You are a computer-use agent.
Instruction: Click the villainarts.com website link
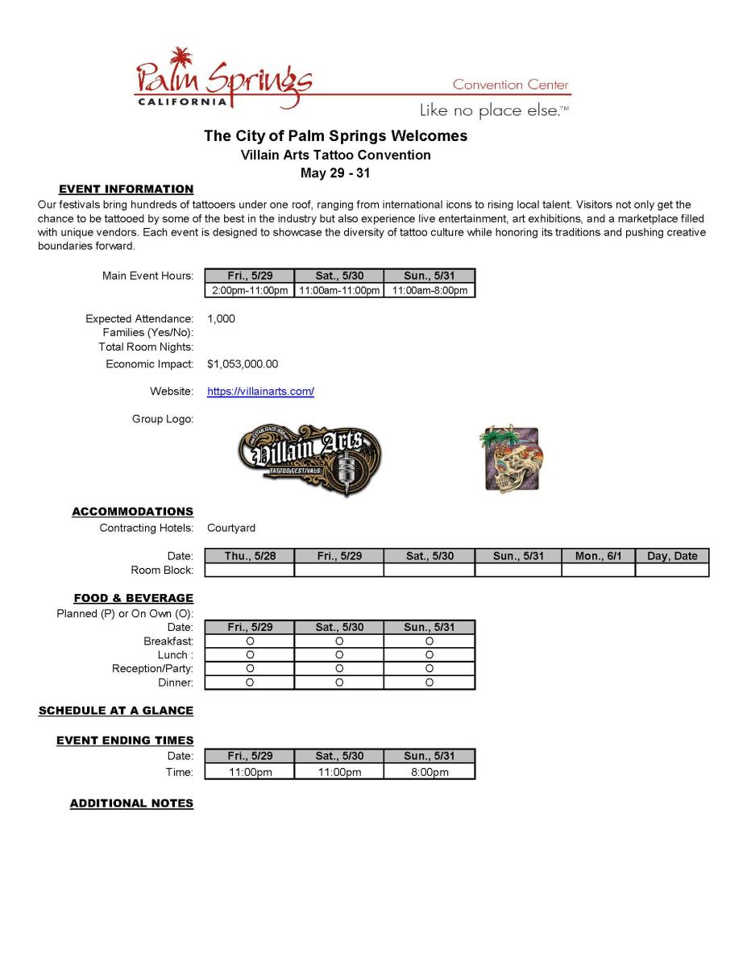click(x=260, y=392)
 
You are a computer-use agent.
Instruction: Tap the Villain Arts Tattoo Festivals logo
click(x=309, y=459)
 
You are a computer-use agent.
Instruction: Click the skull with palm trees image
click(x=512, y=459)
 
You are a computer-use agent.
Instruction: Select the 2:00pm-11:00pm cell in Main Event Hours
click(x=250, y=290)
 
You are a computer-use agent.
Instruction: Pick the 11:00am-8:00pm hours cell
click(x=430, y=290)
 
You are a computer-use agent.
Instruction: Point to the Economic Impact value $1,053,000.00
click(x=243, y=364)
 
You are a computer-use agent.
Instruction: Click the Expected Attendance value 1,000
click(x=221, y=319)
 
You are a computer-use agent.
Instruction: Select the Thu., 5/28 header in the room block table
click(x=250, y=556)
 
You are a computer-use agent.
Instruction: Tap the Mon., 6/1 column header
click(x=598, y=556)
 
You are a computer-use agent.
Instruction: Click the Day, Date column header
click(x=672, y=556)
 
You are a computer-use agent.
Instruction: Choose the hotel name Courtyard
click(x=231, y=529)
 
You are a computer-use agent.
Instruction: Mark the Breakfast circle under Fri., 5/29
click(x=250, y=641)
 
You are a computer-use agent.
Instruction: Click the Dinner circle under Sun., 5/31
click(x=430, y=683)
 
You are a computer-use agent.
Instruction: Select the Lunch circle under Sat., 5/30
click(x=339, y=655)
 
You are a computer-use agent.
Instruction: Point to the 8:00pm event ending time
click(x=430, y=772)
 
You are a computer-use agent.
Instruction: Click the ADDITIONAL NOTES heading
click(x=131, y=803)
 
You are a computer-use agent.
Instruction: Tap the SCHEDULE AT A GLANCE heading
click(x=116, y=711)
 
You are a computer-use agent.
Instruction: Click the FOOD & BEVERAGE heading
click(x=134, y=598)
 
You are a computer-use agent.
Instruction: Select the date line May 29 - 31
click(x=335, y=173)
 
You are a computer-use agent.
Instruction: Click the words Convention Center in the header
click(x=510, y=85)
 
